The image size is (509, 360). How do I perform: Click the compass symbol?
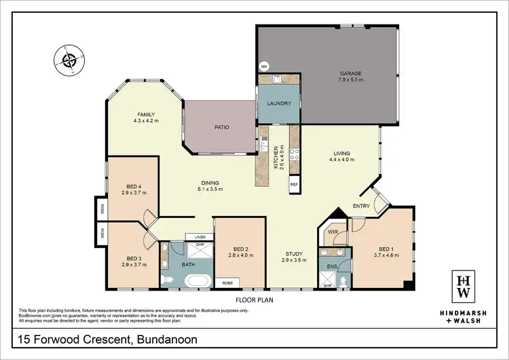[x=69, y=62]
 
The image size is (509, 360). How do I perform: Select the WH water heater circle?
[x=263, y=67]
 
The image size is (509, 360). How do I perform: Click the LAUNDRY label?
[x=279, y=104]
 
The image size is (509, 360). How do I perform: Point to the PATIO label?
[x=221, y=126]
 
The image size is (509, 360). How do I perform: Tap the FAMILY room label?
[x=147, y=114]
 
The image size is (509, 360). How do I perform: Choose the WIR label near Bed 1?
[x=333, y=232]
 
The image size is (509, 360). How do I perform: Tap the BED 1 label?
[x=382, y=251]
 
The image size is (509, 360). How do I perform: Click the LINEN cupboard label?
[x=200, y=236]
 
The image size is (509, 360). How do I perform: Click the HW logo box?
[x=464, y=285]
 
